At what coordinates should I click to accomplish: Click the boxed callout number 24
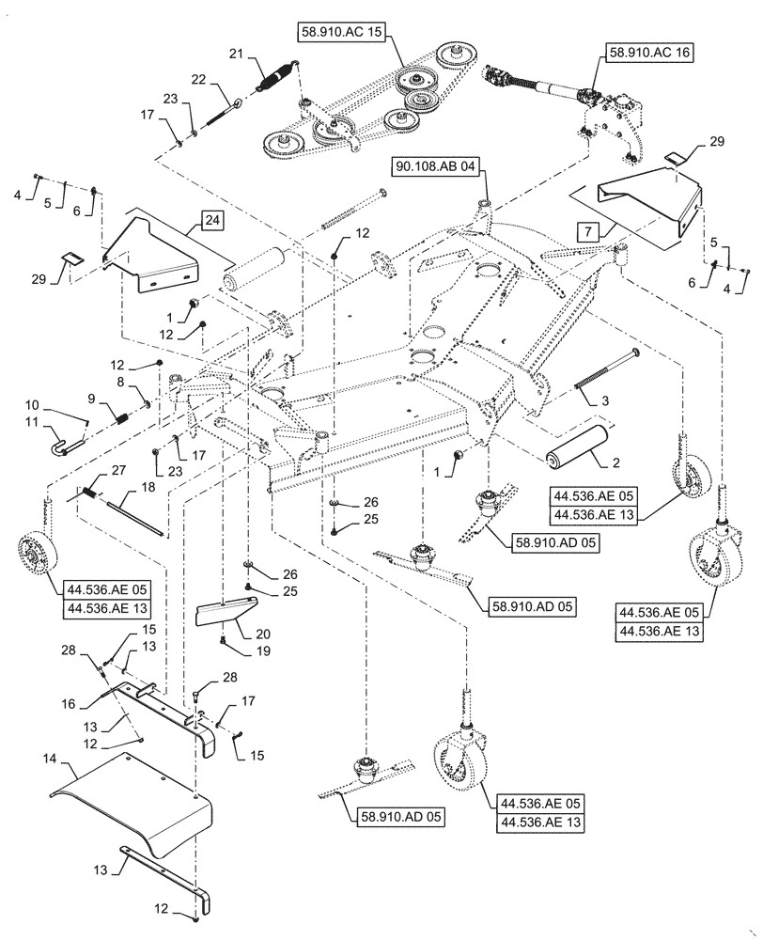tap(212, 222)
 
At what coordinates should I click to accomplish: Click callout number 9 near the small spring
tap(92, 398)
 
